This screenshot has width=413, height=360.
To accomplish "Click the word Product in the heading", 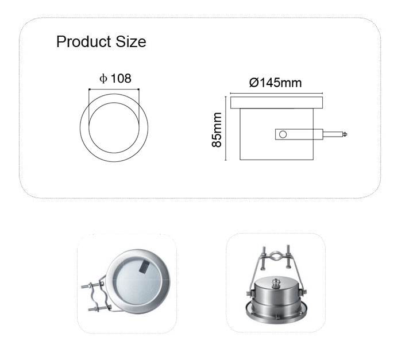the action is point(83,42).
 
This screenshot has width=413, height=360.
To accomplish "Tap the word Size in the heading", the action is point(131,42).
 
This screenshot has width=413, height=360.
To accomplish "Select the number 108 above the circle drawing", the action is point(121,79).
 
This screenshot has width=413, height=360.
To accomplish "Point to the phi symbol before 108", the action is point(103,79).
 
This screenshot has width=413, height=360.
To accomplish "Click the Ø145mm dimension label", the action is point(275,83).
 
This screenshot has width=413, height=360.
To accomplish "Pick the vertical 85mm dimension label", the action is point(217,130).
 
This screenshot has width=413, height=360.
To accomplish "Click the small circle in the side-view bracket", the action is point(283,134).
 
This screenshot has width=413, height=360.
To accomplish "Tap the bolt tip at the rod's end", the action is point(345,134).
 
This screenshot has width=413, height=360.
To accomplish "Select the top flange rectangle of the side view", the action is point(276,102).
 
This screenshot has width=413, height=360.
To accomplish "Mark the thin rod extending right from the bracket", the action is point(333,134).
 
